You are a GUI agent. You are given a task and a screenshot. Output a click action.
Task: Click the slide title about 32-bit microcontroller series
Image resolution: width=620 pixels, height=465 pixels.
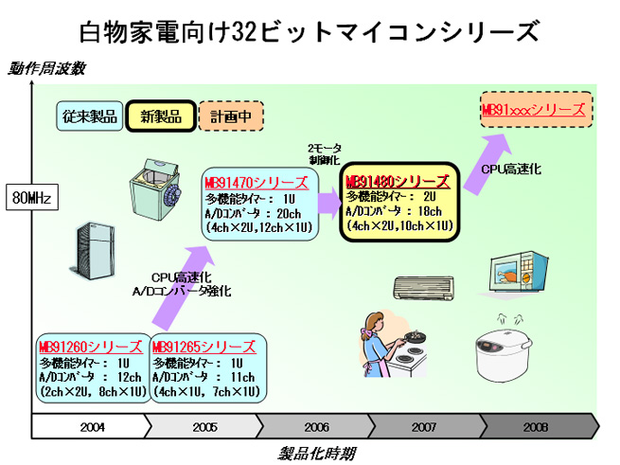(309, 31)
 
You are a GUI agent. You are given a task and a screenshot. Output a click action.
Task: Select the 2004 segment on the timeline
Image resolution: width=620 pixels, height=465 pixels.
(92, 427)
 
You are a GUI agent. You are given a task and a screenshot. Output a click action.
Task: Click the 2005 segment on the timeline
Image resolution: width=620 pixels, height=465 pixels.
(204, 427)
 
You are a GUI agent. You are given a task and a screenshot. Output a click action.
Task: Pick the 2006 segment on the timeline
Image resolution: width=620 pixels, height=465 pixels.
(316, 427)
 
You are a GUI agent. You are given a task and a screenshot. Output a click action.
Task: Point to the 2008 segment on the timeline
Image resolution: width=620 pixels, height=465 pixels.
(535, 427)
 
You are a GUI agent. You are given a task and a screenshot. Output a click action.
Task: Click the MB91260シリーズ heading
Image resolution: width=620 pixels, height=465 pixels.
(90, 347)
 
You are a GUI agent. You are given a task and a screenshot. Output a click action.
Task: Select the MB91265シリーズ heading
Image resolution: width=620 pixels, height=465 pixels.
(203, 347)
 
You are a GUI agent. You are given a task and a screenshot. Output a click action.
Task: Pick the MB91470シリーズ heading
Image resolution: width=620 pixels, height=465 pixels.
(256, 183)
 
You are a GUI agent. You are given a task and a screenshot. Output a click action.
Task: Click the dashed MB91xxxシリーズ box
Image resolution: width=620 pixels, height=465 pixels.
(536, 110)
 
